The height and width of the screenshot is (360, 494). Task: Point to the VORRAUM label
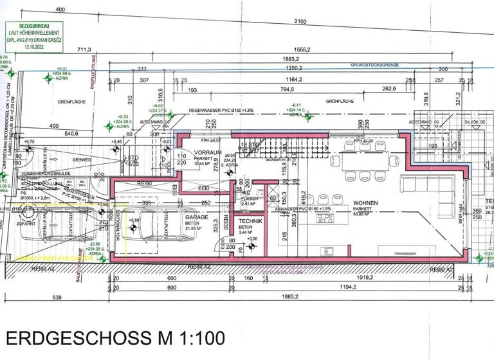coord(208,153)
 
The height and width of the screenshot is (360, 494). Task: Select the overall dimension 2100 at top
coord(300,22)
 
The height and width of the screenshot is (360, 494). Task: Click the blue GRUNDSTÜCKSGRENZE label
coord(376,65)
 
